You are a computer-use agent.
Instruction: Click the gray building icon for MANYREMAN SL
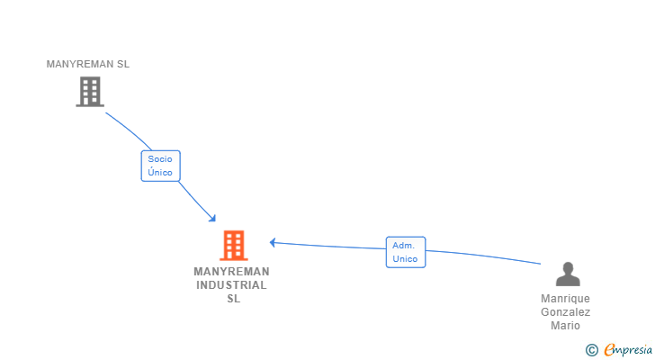(x=89, y=92)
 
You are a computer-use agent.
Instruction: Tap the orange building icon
(x=233, y=245)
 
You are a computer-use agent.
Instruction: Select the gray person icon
(x=567, y=274)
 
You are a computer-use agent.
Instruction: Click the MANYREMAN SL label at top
(x=88, y=64)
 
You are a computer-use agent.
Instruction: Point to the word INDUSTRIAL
(x=231, y=285)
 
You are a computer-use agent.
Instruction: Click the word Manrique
(x=566, y=299)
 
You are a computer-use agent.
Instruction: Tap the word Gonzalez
(x=566, y=312)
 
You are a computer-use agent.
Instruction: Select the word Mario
(x=566, y=326)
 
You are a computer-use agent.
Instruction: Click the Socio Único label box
(x=160, y=166)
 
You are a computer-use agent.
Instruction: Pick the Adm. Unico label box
(x=405, y=252)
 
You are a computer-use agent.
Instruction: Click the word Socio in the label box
(x=160, y=159)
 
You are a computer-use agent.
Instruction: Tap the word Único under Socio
(x=160, y=173)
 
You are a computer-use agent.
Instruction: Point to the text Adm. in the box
(x=404, y=245)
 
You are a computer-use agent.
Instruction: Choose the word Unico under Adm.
(x=405, y=259)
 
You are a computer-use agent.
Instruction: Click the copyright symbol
(x=591, y=350)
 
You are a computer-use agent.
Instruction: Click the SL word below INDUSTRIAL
(x=233, y=299)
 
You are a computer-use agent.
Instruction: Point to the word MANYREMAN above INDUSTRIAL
(x=231, y=272)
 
